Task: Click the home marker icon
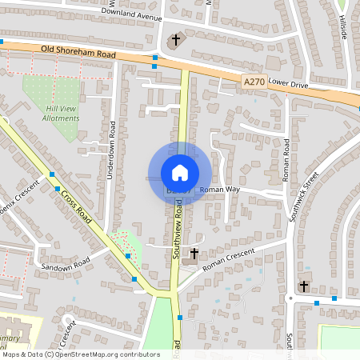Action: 180,172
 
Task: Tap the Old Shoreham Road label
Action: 78,54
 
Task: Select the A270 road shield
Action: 252,80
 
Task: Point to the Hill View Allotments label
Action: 62,113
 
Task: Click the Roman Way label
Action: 220,190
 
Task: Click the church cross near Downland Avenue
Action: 176,40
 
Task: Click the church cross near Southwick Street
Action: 304,286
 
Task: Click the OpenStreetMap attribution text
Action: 80,354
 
